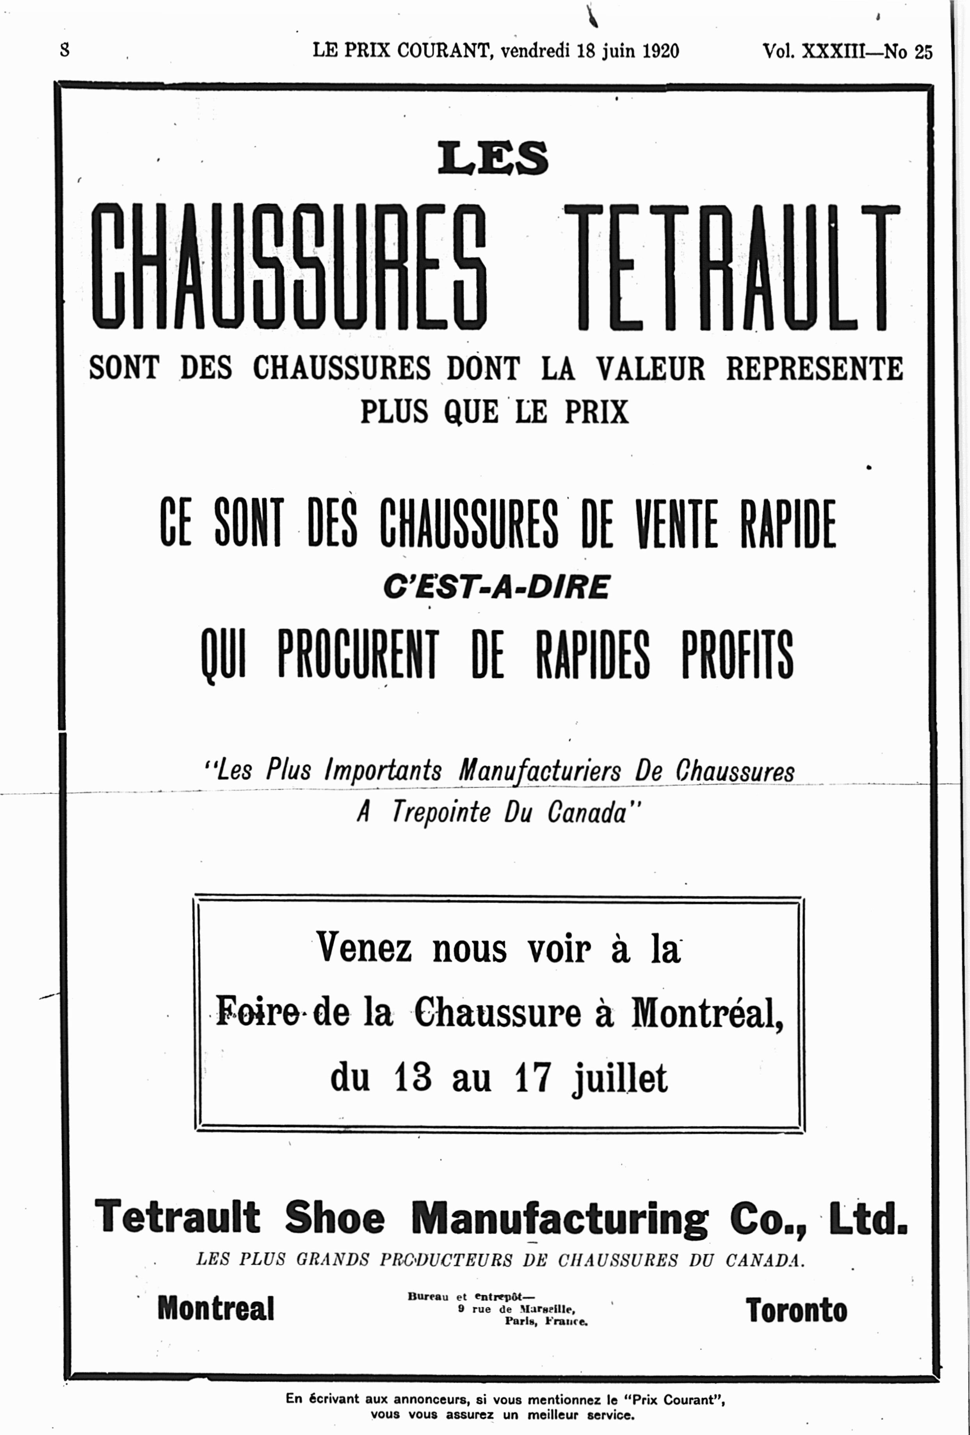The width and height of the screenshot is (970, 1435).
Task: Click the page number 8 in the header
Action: (x=65, y=50)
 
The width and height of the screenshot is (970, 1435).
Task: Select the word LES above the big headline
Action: (x=493, y=158)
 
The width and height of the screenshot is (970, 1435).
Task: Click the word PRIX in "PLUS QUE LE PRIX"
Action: (x=596, y=412)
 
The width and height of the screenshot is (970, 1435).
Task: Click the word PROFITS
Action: (x=738, y=654)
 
